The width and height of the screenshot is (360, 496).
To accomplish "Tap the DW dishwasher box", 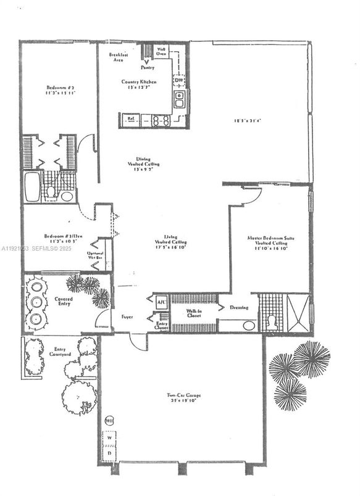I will (x=178, y=80).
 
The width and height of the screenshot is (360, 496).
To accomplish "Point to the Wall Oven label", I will (x=161, y=51).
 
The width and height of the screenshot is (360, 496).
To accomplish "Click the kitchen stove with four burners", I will (x=161, y=120).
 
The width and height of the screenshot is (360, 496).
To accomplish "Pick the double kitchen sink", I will (x=179, y=99).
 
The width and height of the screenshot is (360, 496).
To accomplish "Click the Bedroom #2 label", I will (x=59, y=91).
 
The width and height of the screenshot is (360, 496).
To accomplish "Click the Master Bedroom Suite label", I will (x=268, y=241).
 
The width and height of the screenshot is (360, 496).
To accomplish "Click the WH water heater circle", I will (x=109, y=421).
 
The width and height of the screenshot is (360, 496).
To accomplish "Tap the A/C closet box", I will (x=161, y=302).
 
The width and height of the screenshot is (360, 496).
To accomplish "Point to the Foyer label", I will (x=127, y=316).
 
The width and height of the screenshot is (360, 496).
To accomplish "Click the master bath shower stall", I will (x=297, y=313).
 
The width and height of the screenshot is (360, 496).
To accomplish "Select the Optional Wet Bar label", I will (x=96, y=256).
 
